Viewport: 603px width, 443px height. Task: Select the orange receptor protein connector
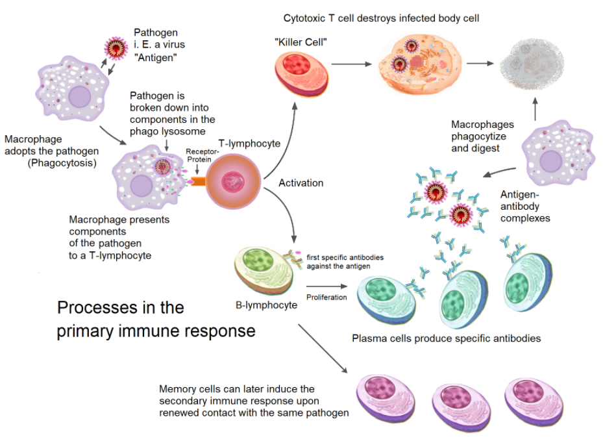pos(196,180)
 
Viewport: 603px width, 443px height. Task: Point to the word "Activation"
pos(301,183)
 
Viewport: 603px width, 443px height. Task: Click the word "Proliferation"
pos(326,297)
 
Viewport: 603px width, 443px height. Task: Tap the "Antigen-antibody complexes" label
pos(525,206)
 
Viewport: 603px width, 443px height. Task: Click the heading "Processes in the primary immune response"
pos(155,318)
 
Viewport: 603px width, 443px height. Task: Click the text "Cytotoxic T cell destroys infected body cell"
pos(381,18)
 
